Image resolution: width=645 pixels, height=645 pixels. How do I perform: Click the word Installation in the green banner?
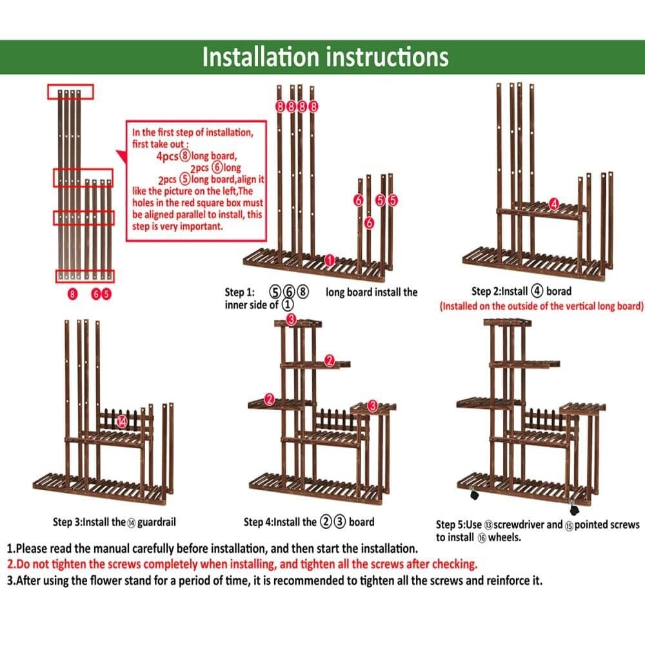click(x=261, y=57)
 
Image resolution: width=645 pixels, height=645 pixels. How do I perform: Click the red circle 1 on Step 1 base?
click(x=330, y=260)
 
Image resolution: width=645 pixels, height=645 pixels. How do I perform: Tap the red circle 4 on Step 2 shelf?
click(x=554, y=204)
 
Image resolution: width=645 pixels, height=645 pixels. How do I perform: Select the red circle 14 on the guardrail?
click(x=122, y=421)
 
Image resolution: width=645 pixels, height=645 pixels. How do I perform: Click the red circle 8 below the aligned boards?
click(x=72, y=293)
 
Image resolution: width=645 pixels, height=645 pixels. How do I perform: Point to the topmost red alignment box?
click(x=70, y=92)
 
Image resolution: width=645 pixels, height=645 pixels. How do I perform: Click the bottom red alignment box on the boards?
click(x=84, y=276)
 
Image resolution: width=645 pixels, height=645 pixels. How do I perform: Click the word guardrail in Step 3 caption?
click(x=156, y=522)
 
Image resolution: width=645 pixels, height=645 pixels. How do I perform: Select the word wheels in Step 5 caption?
click(x=504, y=537)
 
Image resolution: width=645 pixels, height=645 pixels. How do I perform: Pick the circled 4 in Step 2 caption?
click(x=537, y=291)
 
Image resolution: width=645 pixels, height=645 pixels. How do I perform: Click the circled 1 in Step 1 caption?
click(x=288, y=305)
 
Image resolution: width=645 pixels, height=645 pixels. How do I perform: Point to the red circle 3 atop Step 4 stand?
click(x=291, y=319)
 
